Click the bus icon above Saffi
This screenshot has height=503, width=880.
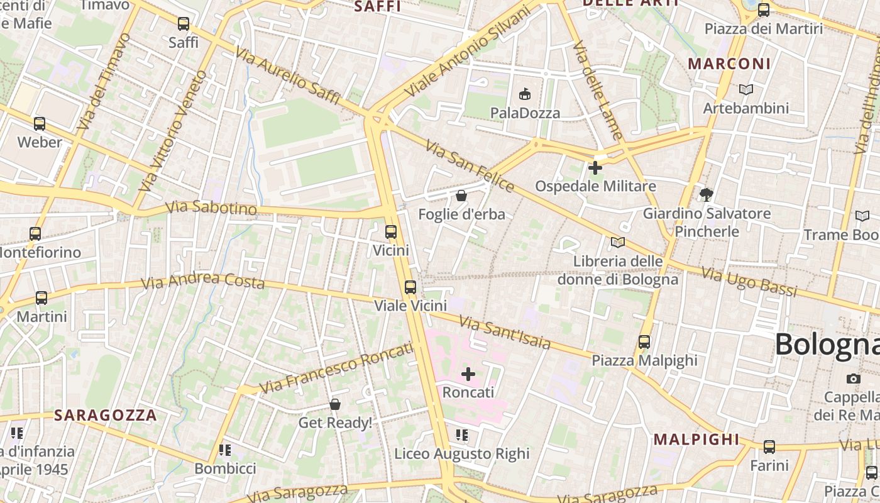[184, 24]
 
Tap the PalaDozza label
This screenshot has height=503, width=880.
[525, 113]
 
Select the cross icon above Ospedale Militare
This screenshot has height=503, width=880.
[595, 168]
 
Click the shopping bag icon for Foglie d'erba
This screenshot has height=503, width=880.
[461, 196]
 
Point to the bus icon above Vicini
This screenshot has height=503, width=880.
[391, 232]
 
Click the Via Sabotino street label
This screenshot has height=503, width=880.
[211, 208]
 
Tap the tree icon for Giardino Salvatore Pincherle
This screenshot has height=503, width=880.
[707, 195]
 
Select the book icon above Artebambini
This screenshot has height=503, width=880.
[746, 90]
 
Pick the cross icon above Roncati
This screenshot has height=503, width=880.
[468, 374]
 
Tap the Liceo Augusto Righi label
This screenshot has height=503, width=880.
[462, 453]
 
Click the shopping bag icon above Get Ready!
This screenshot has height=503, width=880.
[335, 404]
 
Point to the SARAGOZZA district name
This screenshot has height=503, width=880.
[105, 415]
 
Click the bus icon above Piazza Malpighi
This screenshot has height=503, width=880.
[644, 342]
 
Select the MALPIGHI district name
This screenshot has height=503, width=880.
[696, 439]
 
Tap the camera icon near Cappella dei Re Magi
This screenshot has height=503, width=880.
[853, 379]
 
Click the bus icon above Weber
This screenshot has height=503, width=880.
[40, 124]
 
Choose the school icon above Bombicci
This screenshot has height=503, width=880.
[225, 450]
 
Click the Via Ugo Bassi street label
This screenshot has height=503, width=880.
[749, 282]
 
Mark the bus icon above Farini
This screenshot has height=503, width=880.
[769, 447]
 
